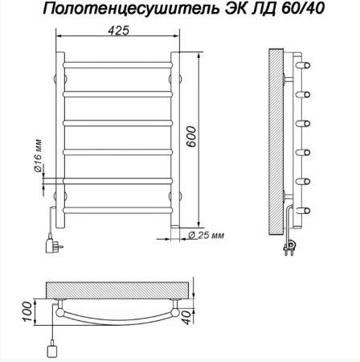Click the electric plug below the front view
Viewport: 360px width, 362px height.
coord(53,241)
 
